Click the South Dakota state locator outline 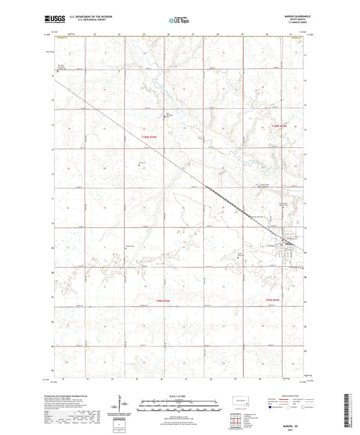[x=238, y=400]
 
